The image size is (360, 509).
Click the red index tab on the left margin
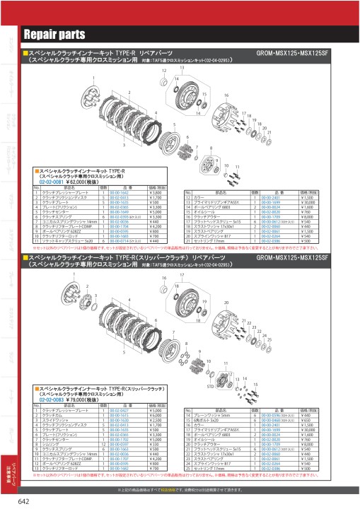pos(9,469)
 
